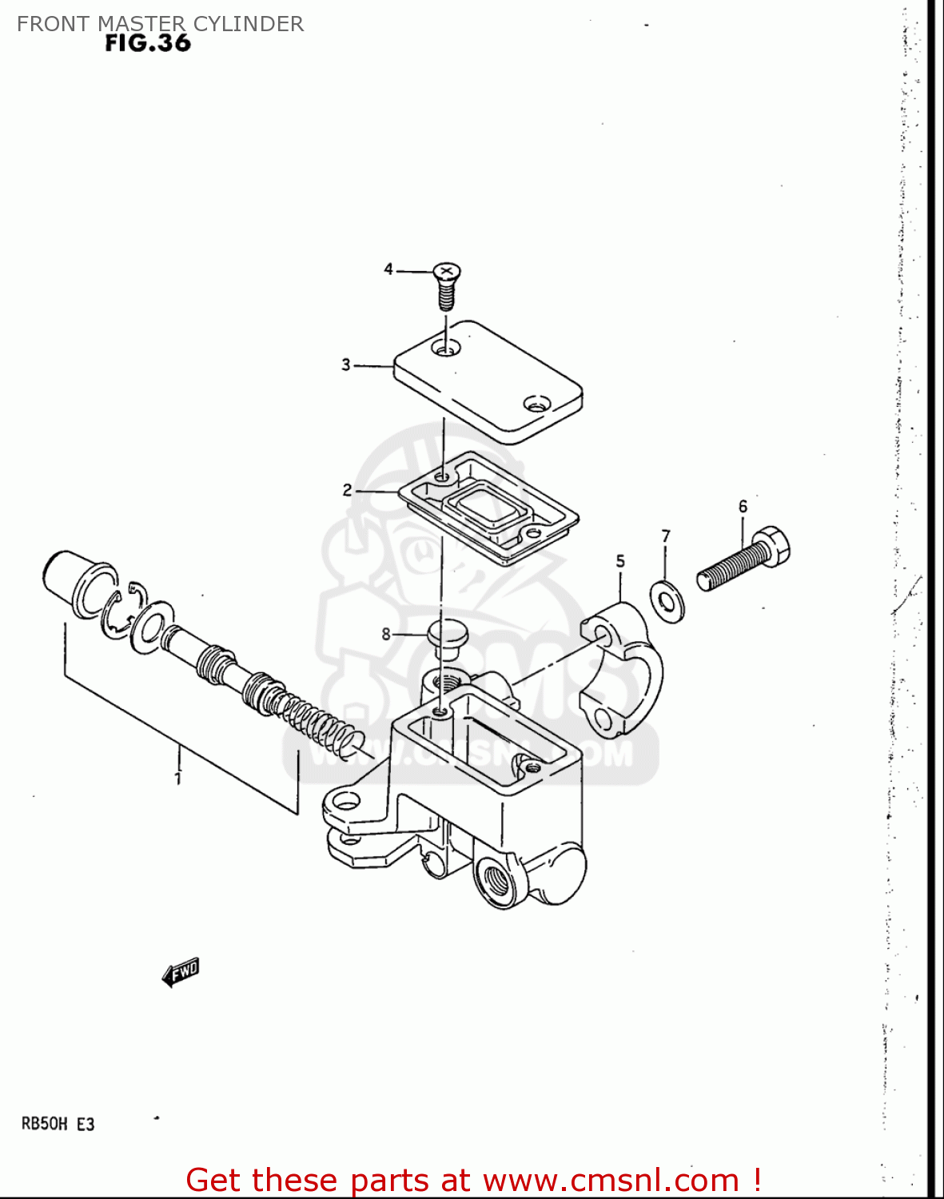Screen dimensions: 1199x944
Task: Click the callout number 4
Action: (388, 269)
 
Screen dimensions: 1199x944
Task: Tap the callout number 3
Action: (346, 365)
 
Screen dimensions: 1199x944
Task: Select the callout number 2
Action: (347, 490)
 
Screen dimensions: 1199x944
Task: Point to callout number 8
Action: (386, 634)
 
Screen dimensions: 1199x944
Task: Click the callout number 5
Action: (620, 562)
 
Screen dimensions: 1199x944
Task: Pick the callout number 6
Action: (743, 507)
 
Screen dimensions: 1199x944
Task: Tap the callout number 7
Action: (665, 536)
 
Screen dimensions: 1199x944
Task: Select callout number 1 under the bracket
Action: (177, 778)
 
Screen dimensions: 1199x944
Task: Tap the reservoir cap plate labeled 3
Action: (488, 380)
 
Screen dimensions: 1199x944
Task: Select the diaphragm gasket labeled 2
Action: (488, 507)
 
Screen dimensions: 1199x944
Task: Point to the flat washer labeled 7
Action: (667, 602)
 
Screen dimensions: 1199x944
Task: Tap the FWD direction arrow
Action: (181, 972)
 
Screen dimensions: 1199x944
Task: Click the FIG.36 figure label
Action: (148, 43)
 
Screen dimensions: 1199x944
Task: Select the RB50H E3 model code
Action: (58, 1124)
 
